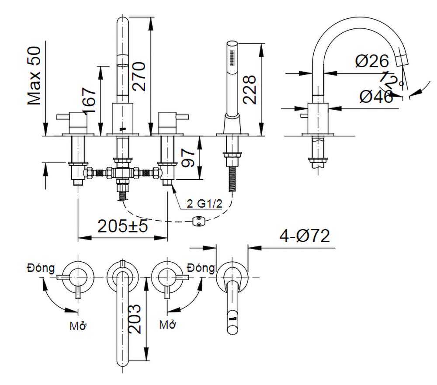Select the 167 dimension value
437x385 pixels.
(x=89, y=101)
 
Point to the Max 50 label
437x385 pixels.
(x=35, y=76)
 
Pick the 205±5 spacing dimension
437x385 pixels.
(x=123, y=226)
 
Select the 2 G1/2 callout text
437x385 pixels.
(x=202, y=204)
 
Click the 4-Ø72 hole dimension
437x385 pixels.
(x=305, y=236)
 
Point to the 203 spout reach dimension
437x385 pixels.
(x=135, y=319)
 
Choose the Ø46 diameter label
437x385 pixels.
(x=376, y=97)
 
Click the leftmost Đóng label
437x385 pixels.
(x=40, y=267)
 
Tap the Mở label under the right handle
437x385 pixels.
(x=167, y=325)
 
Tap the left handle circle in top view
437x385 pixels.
(x=78, y=277)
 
